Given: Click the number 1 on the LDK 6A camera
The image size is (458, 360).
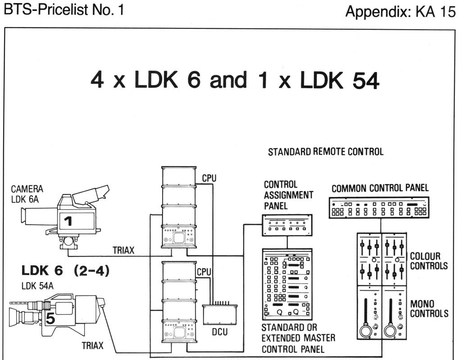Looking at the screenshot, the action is [68, 221].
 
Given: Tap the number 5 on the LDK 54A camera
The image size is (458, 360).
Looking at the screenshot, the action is [50, 318].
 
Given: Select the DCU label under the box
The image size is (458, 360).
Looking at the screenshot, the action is [220, 332].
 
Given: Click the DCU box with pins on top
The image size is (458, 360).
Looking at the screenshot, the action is [220, 313].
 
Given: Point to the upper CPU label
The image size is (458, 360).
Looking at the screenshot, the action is [209, 178].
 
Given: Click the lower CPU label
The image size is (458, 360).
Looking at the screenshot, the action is [204, 272].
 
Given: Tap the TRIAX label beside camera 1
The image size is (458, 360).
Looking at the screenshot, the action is [123, 250].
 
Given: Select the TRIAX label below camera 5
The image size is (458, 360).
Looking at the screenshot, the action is [93, 346].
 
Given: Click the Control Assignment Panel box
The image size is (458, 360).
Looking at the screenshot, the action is [287, 225].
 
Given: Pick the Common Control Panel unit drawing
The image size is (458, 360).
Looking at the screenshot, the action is [379, 208].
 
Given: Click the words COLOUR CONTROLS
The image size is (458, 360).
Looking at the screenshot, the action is [429, 261].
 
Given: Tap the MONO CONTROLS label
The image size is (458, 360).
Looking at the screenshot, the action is [429, 309].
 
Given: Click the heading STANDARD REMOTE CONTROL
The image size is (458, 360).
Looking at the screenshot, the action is [326, 152].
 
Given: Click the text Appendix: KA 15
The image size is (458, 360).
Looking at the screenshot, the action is [400, 12].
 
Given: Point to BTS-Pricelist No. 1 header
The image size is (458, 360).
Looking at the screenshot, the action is [64, 9].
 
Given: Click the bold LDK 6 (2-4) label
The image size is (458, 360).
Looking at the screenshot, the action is [65, 270].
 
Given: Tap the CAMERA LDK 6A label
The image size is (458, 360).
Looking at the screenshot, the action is [27, 194].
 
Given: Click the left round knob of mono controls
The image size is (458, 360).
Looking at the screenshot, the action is [366, 331].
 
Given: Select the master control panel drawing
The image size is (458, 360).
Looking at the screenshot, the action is [287, 284].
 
